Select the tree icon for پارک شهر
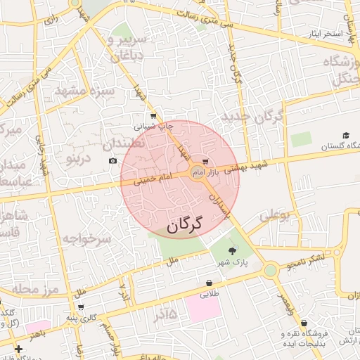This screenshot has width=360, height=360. [x=233, y=250]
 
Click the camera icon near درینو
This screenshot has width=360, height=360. [x=113, y=161]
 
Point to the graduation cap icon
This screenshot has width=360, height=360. [x=345, y=136]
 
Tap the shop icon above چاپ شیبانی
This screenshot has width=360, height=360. [x=153, y=116]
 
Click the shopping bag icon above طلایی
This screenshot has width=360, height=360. [x=210, y=283]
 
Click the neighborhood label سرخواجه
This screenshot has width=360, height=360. [x=87, y=240]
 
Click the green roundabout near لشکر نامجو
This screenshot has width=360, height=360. [x=270, y=271]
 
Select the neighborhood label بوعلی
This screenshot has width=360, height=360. [x=275, y=215]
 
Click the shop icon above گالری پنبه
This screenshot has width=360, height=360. [x=82, y=307]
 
